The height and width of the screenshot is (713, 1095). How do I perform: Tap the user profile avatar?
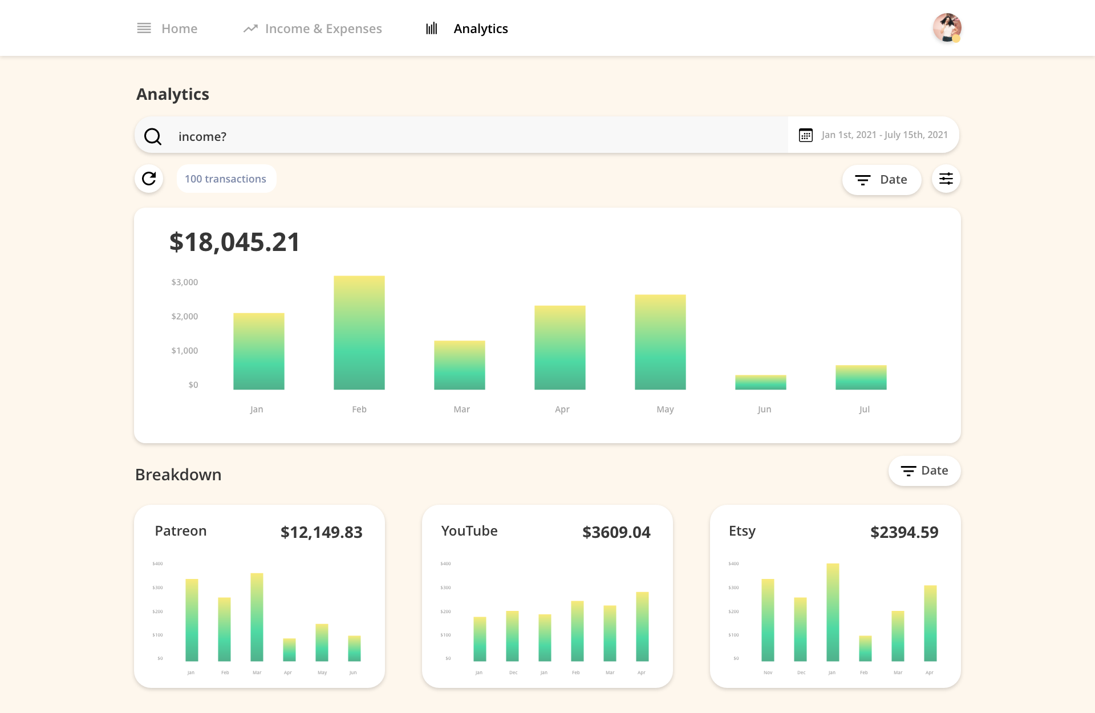click(x=947, y=28)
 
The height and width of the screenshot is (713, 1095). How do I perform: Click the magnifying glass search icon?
click(x=153, y=136)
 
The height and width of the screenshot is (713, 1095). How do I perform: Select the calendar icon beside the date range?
click(x=805, y=135)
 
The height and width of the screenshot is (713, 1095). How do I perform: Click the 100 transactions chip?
click(x=226, y=179)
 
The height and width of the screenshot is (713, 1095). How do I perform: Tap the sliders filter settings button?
click(x=946, y=179)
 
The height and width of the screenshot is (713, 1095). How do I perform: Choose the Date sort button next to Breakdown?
click(x=924, y=471)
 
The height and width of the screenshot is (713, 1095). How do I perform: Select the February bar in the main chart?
click(x=359, y=333)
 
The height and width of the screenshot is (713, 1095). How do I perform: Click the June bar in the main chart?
click(x=760, y=382)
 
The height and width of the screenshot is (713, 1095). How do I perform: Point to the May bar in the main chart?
click(x=660, y=342)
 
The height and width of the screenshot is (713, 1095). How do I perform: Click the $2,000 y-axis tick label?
click(x=185, y=317)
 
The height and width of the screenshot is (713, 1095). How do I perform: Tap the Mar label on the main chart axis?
click(x=461, y=410)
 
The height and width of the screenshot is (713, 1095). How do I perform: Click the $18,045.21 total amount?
click(x=234, y=242)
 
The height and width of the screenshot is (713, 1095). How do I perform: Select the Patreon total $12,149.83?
click(x=321, y=532)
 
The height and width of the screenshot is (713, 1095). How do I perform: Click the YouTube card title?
click(x=469, y=531)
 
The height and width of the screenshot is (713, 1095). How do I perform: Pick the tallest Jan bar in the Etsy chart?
click(x=833, y=613)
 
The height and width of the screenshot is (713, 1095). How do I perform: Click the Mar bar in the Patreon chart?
click(x=257, y=617)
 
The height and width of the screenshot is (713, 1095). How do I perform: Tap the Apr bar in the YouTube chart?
click(x=642, y=626)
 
